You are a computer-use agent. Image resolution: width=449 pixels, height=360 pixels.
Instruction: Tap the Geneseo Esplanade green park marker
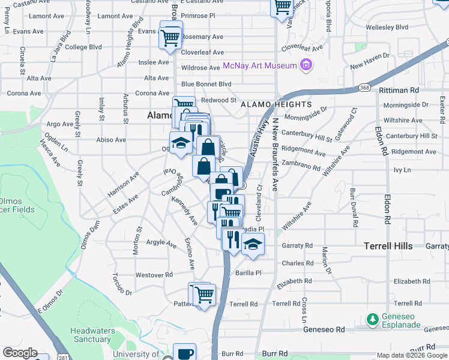(x=372, y=318)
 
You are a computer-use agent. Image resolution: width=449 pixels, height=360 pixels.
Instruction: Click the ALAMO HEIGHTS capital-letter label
(x=270, y=104)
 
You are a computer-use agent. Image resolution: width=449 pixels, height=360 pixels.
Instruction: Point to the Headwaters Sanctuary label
(x=92, y=335)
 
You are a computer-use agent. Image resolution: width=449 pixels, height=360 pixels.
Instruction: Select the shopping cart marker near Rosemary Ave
(x=170, y=37)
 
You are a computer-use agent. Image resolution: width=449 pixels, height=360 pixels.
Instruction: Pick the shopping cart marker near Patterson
(x=204, y=295)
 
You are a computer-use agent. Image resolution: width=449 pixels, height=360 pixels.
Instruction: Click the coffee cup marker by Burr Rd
(x=184, y=353)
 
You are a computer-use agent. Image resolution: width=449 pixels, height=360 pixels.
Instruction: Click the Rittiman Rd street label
(x=399, y=90)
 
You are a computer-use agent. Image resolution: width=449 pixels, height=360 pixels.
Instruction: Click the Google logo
(x=20, y=353)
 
